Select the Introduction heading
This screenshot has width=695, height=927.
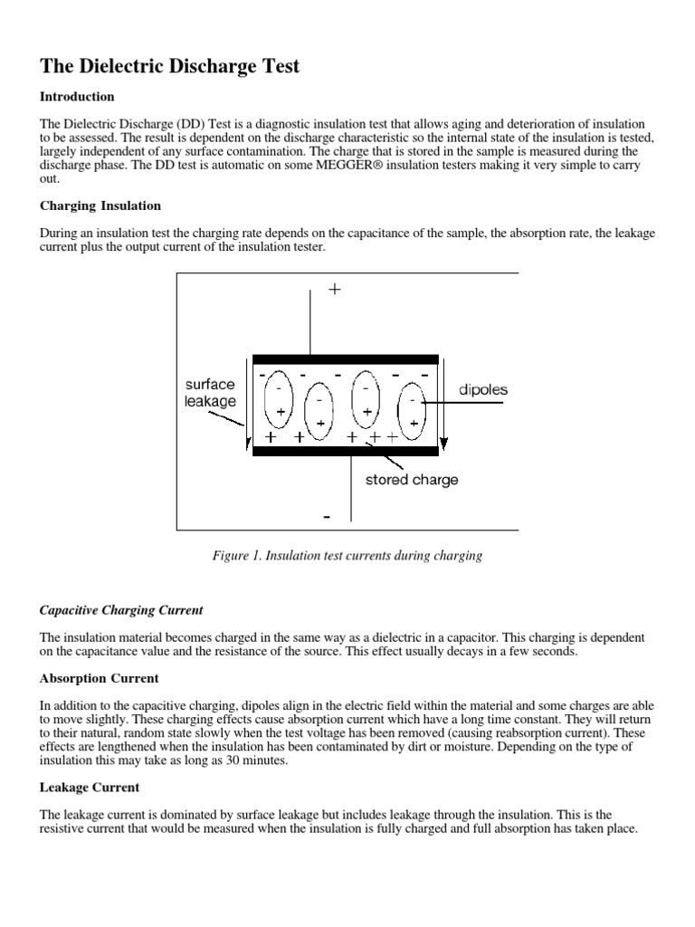pyautogui.click(x=77, y=96)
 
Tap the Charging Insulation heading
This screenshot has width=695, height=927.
pyautogui.click(x=100, y=205)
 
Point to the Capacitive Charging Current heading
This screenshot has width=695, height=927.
pyautogui.click(x=121, y=610)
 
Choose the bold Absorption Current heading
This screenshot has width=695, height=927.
pyautogui.click(x=100, y=677)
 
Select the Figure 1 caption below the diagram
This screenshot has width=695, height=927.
pyautogui.click(x=347, y=556)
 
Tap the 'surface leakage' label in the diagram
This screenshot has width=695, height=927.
pyautogui.click(x=210, y=392)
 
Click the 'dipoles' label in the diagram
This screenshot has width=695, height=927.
pyautogui.click(x=483, y=390)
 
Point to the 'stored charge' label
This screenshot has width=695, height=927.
pyautogui.click(x=412, y=480)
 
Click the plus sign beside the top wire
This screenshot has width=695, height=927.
pyautogui.click(x=335, y=290)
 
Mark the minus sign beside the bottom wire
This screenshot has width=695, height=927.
pyautogui.click(x=326, y=517)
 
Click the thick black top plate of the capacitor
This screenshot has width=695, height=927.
pyautogui.click(x=345, y=359)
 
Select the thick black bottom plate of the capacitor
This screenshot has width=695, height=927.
pyautogui.click(x=345, y=450)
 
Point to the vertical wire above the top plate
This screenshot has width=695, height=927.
pyautogui.click(x=310, y=321)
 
